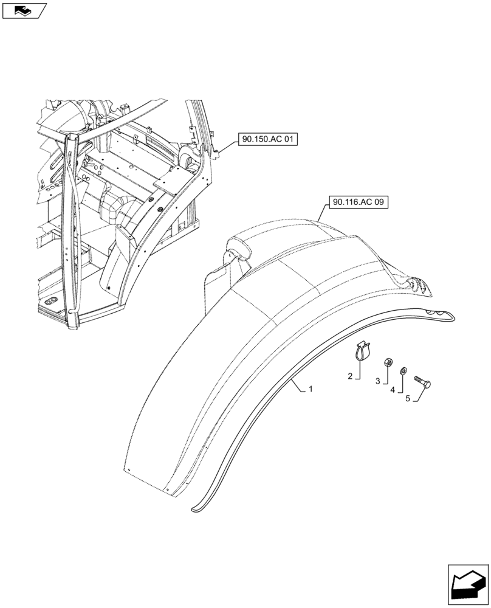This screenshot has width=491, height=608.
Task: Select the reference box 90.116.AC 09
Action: click(x=358, y=202)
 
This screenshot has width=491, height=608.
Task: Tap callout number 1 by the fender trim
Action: click(x=311, y=389)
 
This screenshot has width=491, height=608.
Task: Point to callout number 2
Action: click(x=350, y=377)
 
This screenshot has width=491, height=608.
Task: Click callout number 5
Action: click(x=408, y=398)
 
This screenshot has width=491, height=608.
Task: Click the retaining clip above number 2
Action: click(x=362, y=351)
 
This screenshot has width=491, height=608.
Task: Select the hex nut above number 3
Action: click(x=386, y=363)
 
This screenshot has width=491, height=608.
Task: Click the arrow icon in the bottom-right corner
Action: click(x=467, y=583)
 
